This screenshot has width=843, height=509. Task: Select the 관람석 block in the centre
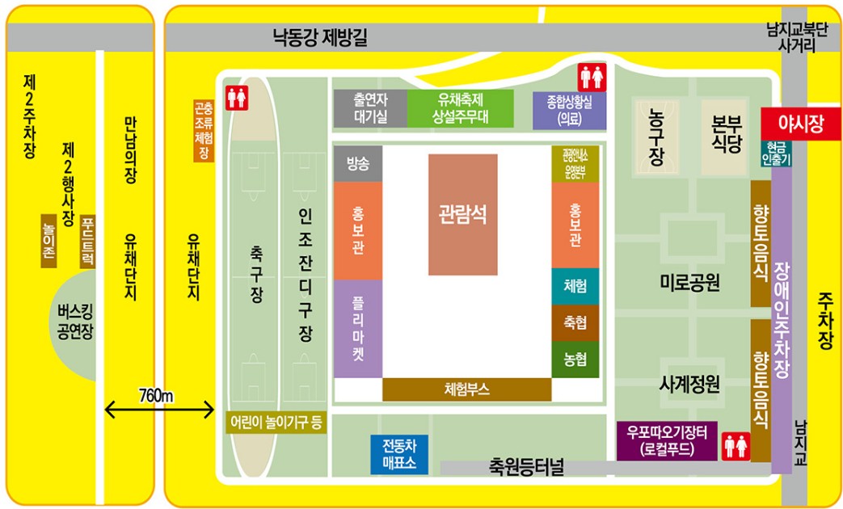click(x=463, y=214)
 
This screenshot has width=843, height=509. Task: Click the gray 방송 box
click(x=357, y=164)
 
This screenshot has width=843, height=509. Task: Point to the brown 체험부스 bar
click(x=466, y=389)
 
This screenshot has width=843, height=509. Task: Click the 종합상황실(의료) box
click(x=569, y=111)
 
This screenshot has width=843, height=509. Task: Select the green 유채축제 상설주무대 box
click(x=460, y=108)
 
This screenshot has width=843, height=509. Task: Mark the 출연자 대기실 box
click(x=369, y=108)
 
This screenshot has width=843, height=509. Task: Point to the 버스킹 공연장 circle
click(x=74, y=323)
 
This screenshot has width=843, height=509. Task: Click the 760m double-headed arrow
click(x=158, y=410)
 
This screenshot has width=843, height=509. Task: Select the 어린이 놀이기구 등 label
click(x=276, y=422)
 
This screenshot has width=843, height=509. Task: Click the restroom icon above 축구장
click(x=237, y=98)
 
